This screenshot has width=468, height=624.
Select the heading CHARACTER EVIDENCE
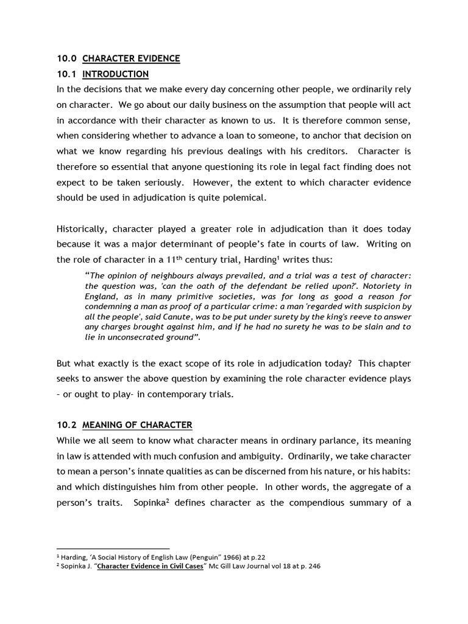(x=131, y=58)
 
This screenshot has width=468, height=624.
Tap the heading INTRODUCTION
(x=115, y=74)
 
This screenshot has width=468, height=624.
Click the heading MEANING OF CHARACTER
(x=137, y=425)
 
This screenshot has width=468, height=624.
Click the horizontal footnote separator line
(x=113, y=548)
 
